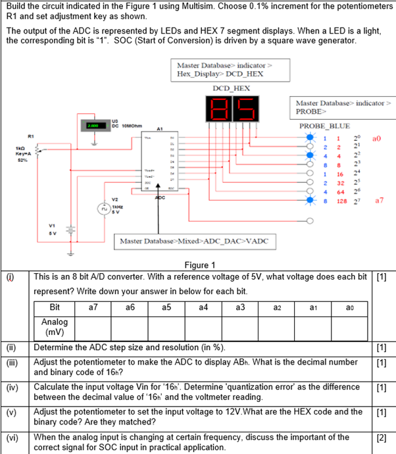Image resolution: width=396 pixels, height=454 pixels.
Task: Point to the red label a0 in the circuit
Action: (x=376, y=139)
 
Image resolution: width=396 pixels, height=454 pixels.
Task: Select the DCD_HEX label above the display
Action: (x=230, y=88)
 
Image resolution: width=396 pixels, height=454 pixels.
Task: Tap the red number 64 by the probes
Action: (x=341, y=192)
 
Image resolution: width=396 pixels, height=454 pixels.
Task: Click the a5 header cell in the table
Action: (x=166, y=307)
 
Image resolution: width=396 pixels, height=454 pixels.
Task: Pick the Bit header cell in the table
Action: (x=55, y=307)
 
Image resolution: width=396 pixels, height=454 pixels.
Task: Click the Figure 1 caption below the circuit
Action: (x=197, y=265)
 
